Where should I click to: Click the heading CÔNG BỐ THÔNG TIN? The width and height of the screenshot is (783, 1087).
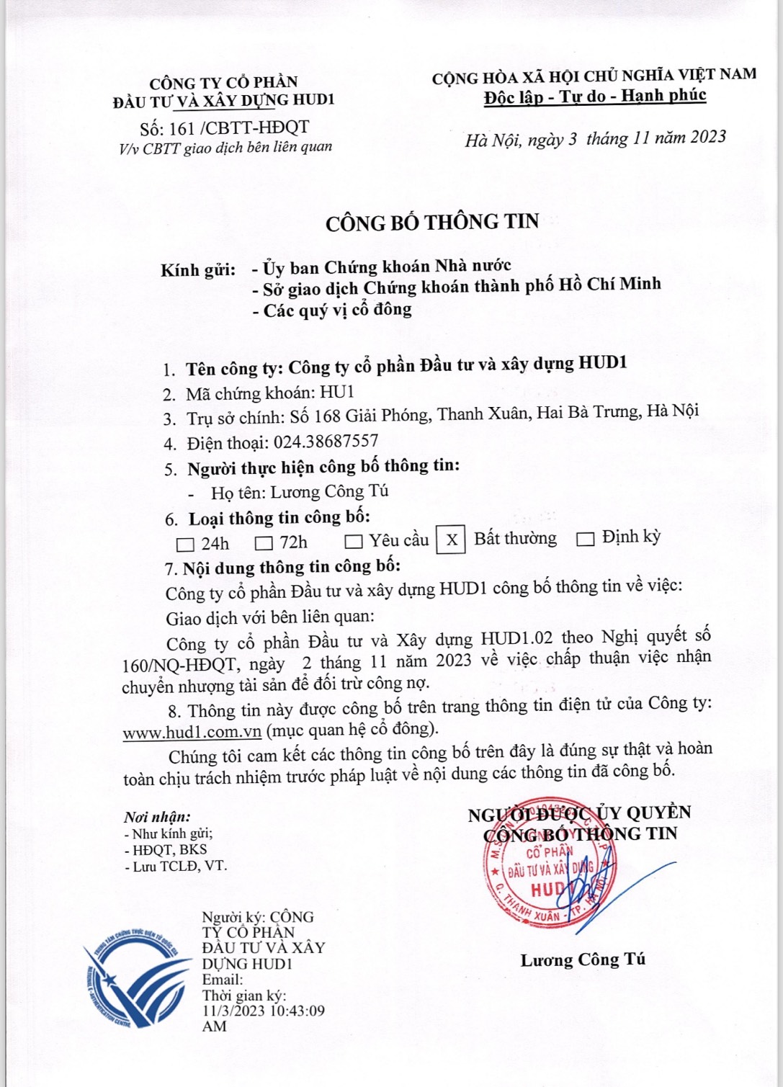click(x=431, y=221)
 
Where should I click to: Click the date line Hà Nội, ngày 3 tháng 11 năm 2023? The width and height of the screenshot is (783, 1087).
click(x=595, y=138)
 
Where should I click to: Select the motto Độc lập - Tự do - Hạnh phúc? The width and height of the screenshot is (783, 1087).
click(x=595, y=96)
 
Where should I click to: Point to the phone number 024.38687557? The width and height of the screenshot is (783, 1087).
click(x=323, y=442)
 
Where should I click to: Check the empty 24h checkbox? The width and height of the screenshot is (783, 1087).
click(x=185, y=543)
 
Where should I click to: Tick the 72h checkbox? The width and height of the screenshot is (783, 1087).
click(x=264, y=542)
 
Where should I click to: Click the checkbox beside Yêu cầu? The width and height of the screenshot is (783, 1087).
click(x=353, y=541)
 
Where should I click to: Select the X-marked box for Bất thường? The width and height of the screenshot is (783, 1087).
click(x=451, y=540)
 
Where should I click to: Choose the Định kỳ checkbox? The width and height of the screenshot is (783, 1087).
click(x=586, y=539)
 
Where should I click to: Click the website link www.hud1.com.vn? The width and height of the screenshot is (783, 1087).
click(x=192, y=732)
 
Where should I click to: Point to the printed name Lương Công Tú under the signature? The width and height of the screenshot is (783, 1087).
click(x=583, y=960)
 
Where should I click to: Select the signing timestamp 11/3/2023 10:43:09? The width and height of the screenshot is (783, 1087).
click(x=263, y=1011)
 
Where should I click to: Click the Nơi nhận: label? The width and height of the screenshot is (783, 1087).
click(x=157, y=817)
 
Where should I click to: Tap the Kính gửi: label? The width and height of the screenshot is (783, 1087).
click(x=198, y=270)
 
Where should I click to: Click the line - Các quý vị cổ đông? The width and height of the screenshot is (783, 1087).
click(x=332, y=310)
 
